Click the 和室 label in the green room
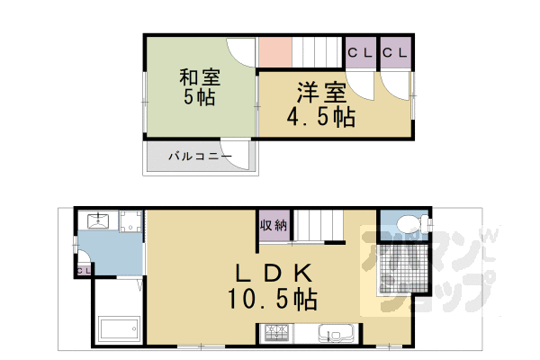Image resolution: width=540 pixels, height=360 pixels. click(x=198, y=77)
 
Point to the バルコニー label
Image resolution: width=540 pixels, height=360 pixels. click(x=200, y=157)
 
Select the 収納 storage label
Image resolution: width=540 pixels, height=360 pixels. click(x=274, y=226)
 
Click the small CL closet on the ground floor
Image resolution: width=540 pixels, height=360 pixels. click(x=83, y=268)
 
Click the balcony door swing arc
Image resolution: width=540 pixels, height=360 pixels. click(x=236, y=153)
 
